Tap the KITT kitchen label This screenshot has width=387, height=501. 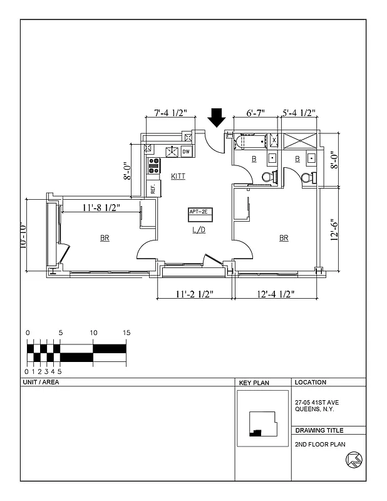(178, 177)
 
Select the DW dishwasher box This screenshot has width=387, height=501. (186, 152)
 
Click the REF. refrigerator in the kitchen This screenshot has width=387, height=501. (152, 186)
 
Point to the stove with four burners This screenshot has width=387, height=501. (153, 165)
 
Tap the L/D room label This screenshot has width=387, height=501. (199, 230)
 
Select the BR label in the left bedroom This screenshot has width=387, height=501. (104, 238)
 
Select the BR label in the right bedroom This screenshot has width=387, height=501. (284, 238)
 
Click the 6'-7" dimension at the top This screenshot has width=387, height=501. (255, 113)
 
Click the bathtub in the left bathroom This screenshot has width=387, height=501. (249, 142)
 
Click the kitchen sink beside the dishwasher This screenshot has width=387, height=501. (171, 151)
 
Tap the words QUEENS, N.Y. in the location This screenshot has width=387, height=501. (314, 409)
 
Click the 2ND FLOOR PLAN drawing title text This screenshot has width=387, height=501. (320, 444)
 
